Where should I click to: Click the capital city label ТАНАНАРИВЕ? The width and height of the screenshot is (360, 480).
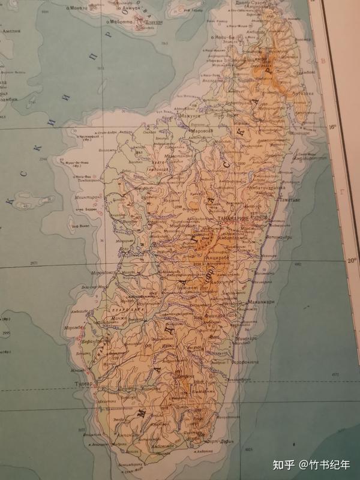[x=235, y=220]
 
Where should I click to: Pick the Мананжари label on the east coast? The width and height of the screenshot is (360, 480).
[x=262, y=301]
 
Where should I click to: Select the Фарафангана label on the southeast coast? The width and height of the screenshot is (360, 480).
[x=243, y=362]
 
